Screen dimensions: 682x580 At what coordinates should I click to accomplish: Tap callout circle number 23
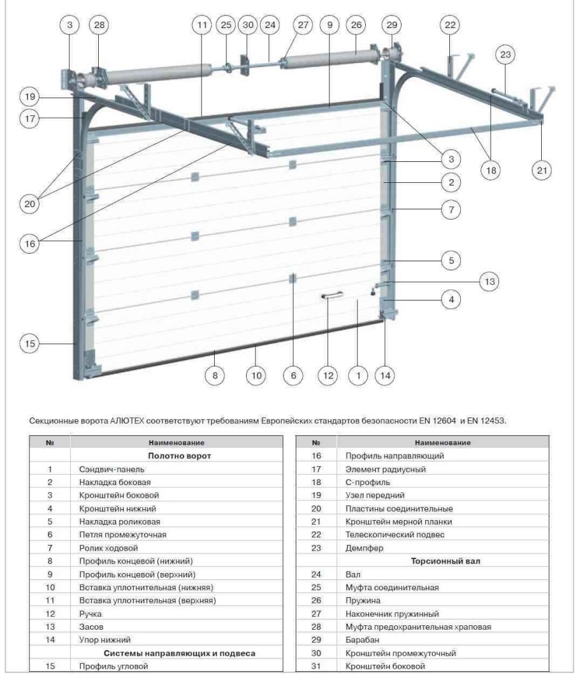505,55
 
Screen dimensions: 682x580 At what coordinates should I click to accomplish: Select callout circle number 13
488,281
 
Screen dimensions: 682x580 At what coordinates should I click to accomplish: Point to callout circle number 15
29,344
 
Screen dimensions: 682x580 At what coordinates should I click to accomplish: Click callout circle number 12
328,376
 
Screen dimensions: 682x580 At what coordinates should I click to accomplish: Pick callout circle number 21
541,170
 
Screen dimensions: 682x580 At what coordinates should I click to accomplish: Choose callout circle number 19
29,98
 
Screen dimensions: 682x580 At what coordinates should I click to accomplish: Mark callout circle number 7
451,209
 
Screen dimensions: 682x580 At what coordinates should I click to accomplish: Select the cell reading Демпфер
360,547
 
